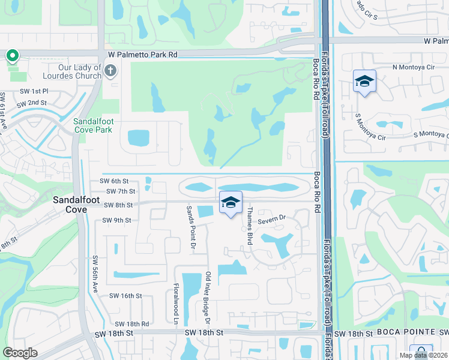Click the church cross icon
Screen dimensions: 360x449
[110, 71]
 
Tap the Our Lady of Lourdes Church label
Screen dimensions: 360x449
[72, 72]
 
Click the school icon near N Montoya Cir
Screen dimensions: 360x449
[364, 81]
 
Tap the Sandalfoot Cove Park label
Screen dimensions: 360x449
[92, 125]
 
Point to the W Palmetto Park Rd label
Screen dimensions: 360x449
[143, 54]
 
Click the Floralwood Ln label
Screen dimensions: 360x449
[176, 304]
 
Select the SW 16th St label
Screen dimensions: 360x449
[125, 296]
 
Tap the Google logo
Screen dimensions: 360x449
[20, 352]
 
